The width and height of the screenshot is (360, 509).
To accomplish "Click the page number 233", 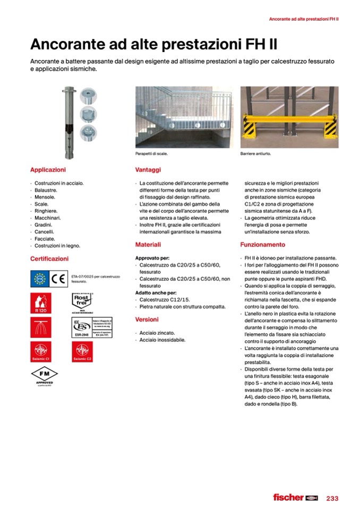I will point(332,498).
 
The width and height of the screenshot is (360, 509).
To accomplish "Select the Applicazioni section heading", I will point(48,170).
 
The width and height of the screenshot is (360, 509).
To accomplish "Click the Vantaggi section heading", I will point(148,170).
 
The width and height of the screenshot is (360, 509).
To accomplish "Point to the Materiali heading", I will point(148,245).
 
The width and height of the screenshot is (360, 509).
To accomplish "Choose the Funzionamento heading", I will point(263,245).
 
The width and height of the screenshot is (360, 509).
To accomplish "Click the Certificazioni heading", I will point(49,258).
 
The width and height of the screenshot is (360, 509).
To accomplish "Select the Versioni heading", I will point(147,320).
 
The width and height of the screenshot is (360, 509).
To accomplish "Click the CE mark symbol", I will point(59,279).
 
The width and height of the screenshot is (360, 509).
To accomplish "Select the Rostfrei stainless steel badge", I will point(82,301).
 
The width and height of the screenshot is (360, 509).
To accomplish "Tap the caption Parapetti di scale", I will point(152,154).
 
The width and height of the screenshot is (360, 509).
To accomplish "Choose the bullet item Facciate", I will point(45,239).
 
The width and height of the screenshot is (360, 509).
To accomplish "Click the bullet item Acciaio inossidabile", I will point(162,340).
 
